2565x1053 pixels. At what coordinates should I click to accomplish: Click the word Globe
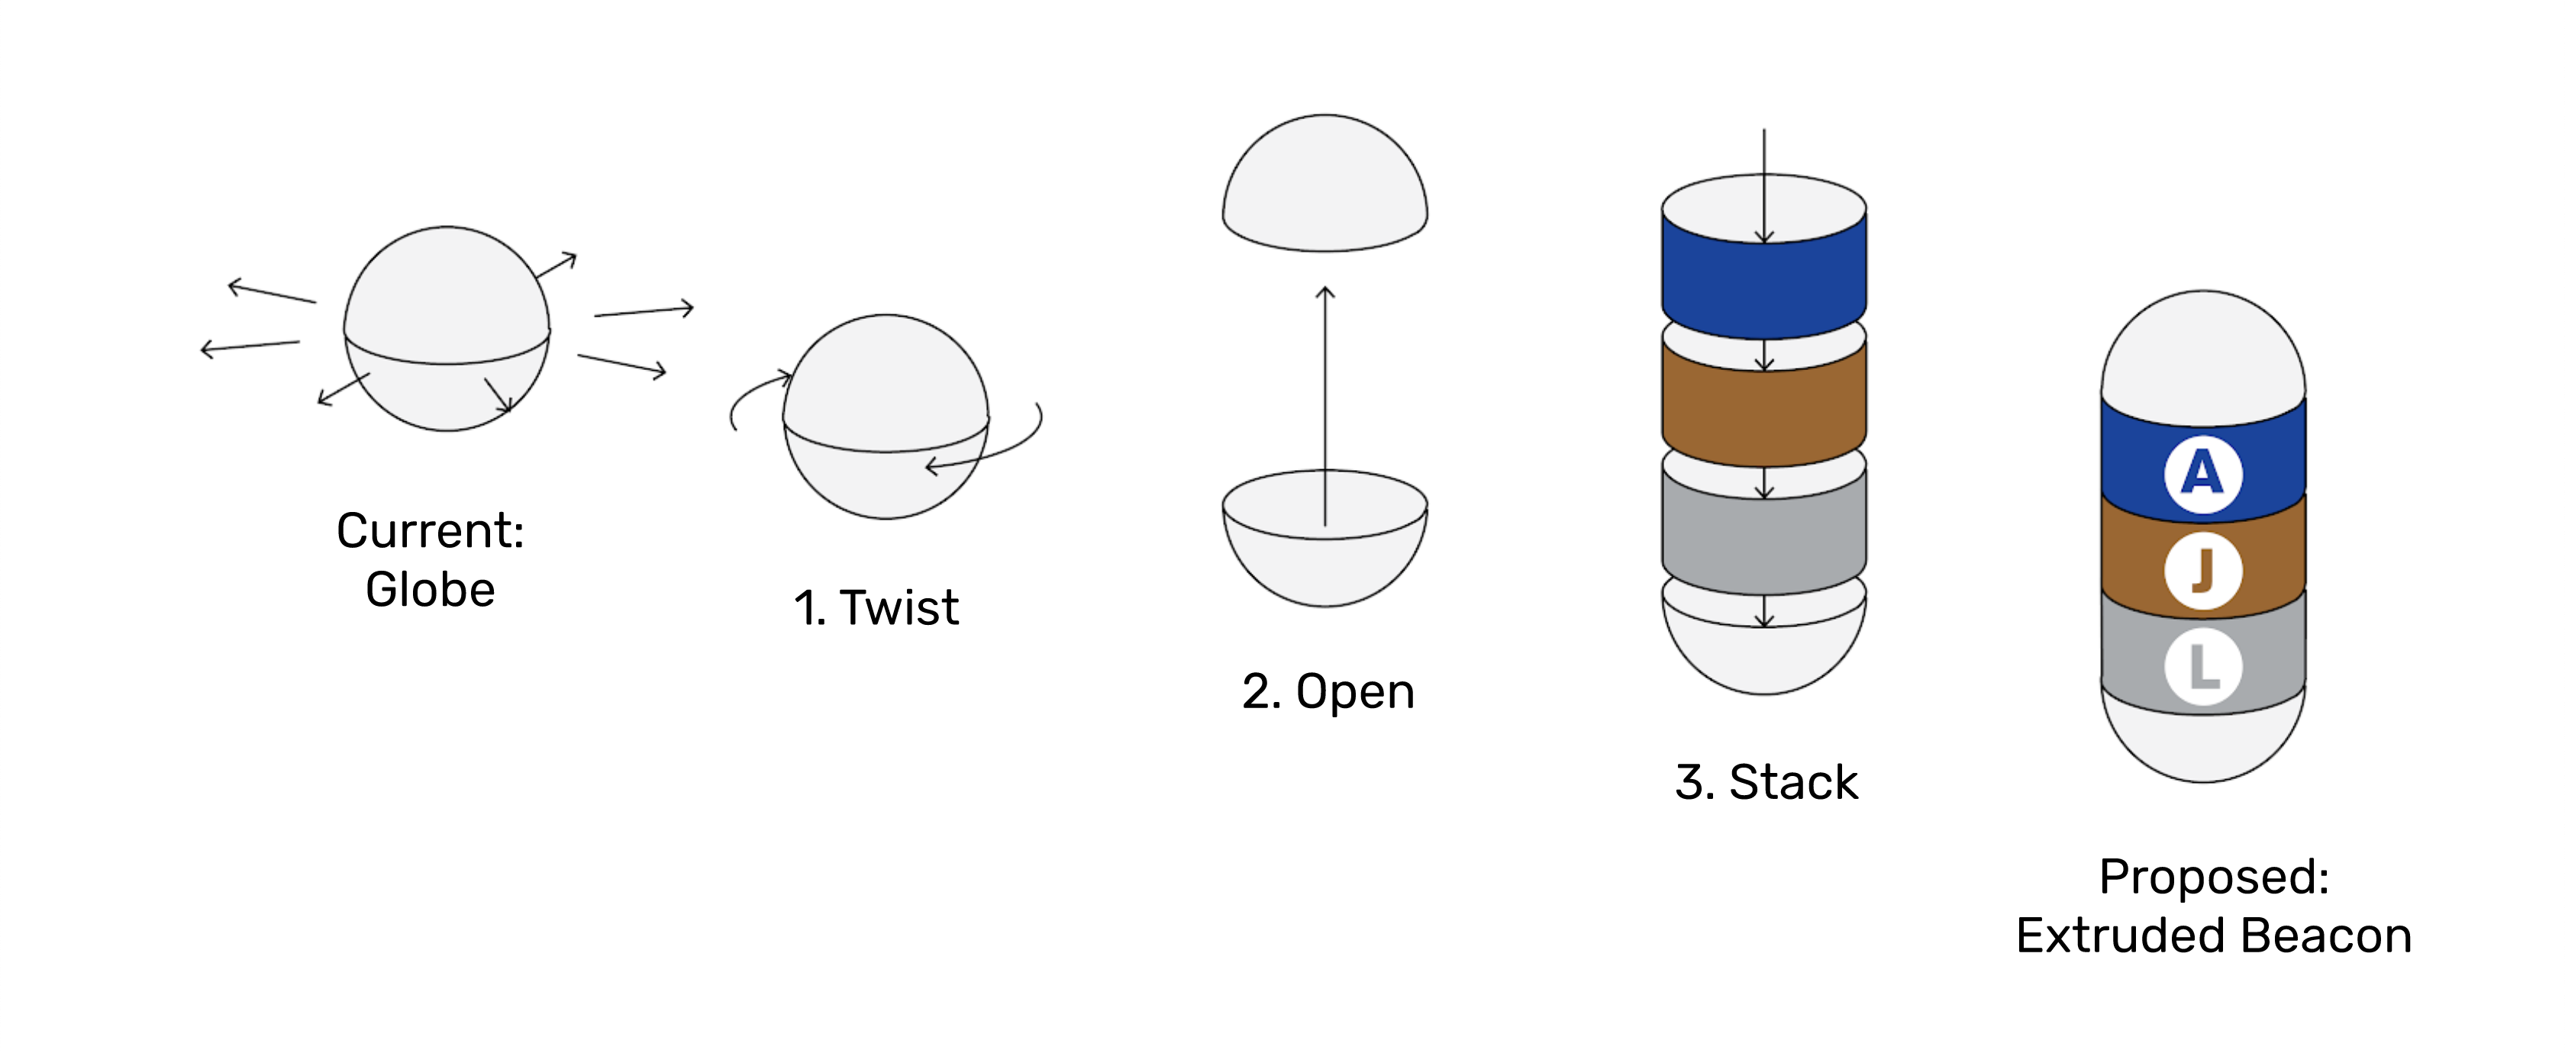(x=430, y=589)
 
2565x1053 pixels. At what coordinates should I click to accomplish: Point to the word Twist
(x=899, y=607)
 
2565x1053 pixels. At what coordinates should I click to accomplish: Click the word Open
(x=1354, y=692)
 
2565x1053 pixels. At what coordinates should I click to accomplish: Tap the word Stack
(x=1793, y=782)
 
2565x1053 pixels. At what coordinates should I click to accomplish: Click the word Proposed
(x=2214, y=877)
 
